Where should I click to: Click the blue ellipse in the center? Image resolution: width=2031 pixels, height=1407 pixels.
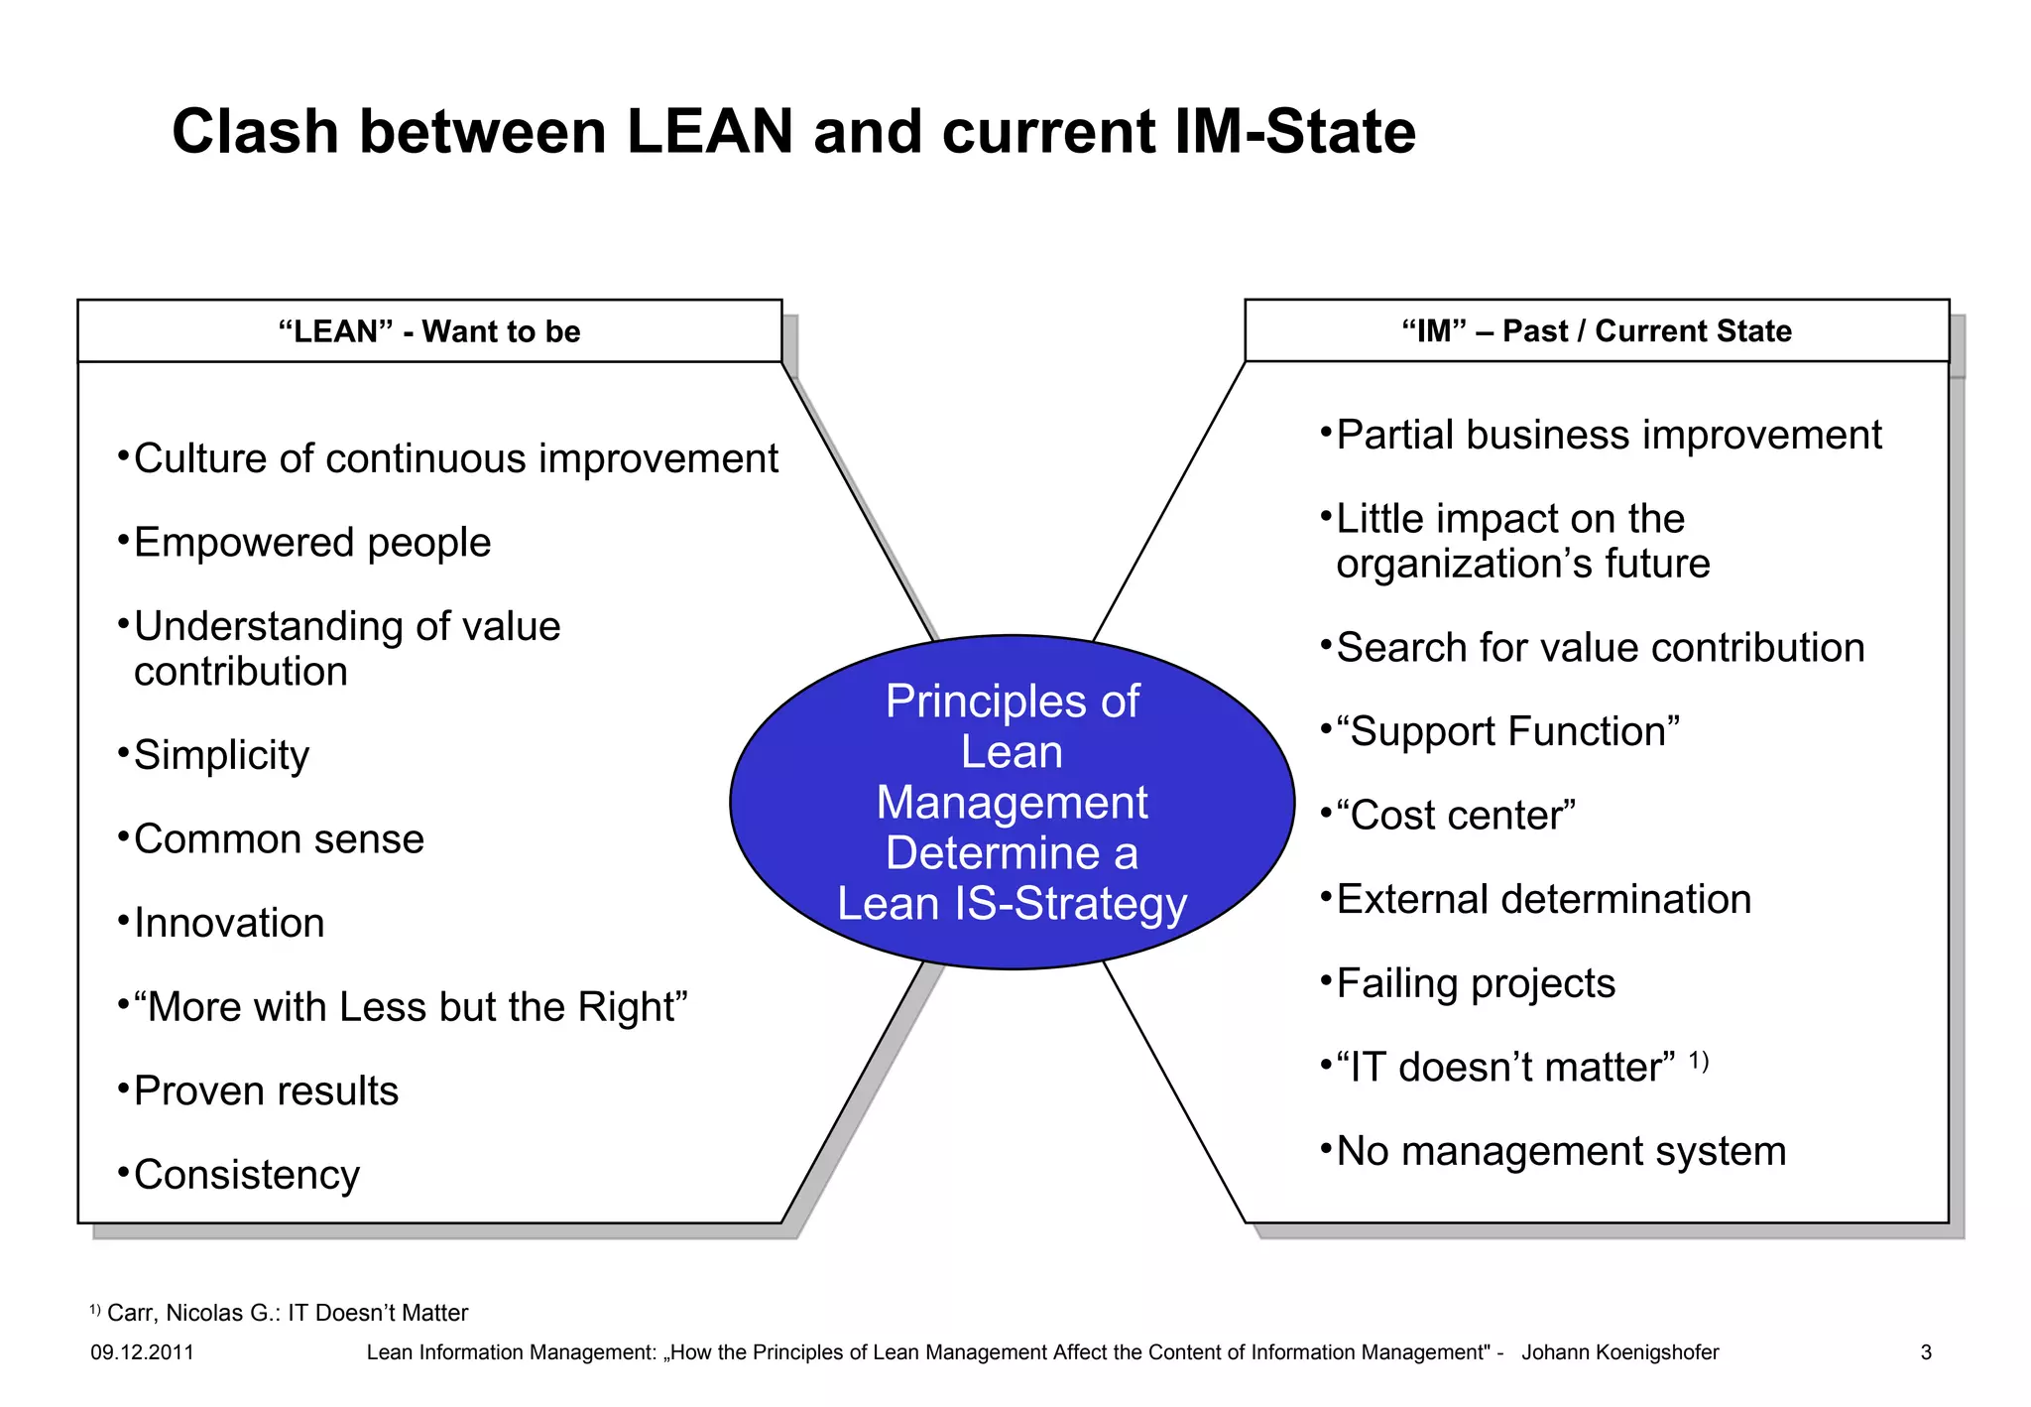(1012, 802)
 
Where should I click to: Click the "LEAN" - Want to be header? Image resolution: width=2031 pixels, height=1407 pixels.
(429, 331)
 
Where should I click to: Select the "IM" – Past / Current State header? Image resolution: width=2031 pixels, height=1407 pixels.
(1597, 330)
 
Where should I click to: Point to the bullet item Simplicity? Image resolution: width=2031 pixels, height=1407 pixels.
(221, 755)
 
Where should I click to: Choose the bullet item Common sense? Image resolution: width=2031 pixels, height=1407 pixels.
(279, 839)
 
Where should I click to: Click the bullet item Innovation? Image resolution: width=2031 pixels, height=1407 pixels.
(229, 923)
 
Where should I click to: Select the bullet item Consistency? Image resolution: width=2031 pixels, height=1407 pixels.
(246, 1175)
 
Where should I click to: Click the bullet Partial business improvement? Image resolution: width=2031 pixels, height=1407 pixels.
(1608, 436)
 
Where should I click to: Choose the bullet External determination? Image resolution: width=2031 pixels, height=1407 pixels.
(1543, 900)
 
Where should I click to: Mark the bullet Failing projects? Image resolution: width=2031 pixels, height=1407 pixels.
(1476, 983)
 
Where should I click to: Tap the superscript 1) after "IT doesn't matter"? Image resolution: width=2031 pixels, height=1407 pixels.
(1699, 1061)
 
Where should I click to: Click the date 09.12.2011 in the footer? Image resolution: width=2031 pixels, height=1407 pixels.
(142, 1352)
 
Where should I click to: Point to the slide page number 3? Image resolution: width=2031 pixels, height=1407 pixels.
(1926, 1352)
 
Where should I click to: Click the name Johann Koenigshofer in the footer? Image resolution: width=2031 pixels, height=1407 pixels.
(1619, 1352)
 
